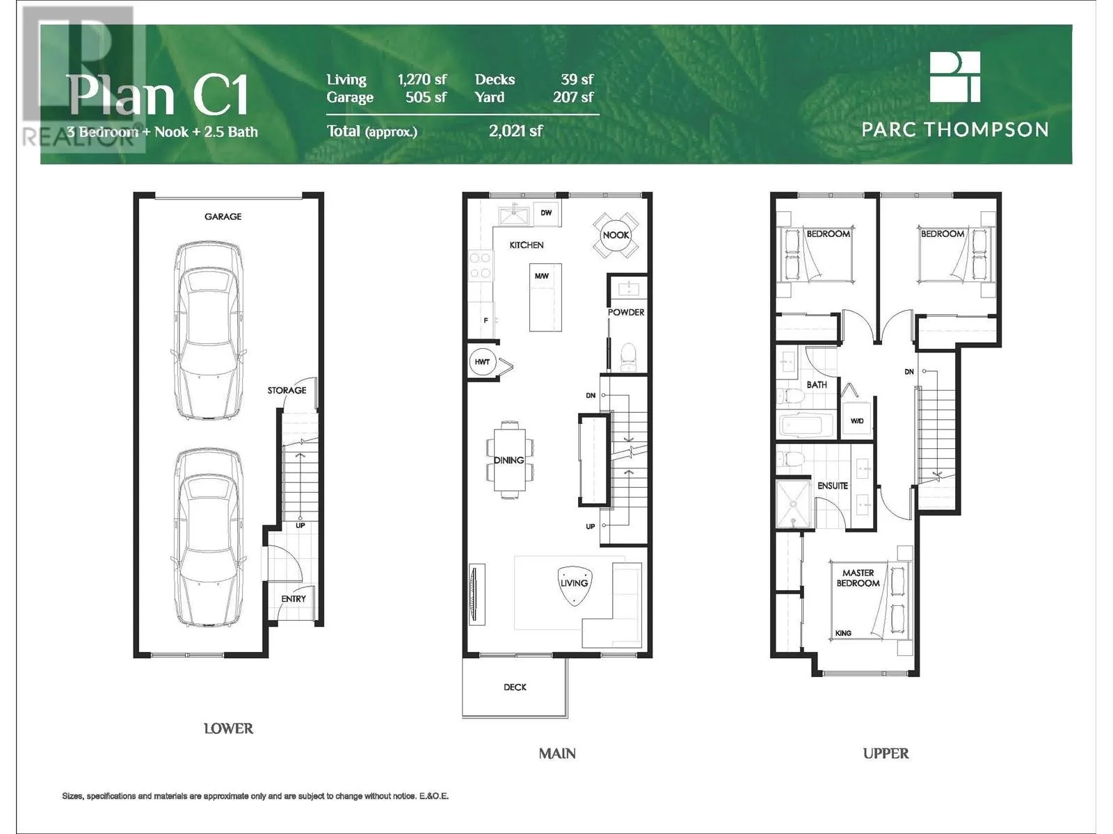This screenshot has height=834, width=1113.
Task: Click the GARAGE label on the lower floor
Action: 223,216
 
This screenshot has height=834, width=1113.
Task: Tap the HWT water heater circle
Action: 482,361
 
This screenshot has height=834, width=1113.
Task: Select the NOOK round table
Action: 616,235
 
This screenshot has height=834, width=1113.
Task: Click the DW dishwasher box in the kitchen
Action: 546,213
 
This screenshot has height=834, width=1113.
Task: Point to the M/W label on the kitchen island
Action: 541,276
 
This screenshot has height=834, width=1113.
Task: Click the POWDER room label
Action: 626,313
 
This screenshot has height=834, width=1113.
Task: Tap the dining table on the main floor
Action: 510,460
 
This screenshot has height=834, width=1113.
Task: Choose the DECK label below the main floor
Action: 515,687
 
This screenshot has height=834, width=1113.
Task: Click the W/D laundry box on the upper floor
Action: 856,420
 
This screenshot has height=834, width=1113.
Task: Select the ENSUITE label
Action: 833,486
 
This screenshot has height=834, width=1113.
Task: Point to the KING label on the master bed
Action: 843,633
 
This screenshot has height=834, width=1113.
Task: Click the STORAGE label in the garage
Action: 287,391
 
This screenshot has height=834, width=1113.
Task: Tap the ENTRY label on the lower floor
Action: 294,599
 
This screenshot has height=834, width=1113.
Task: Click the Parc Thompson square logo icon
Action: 955,77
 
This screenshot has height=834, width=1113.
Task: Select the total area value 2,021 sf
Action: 515,131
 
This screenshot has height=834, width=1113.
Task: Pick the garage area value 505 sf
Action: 426,97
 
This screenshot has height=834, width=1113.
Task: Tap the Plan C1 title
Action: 158,95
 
